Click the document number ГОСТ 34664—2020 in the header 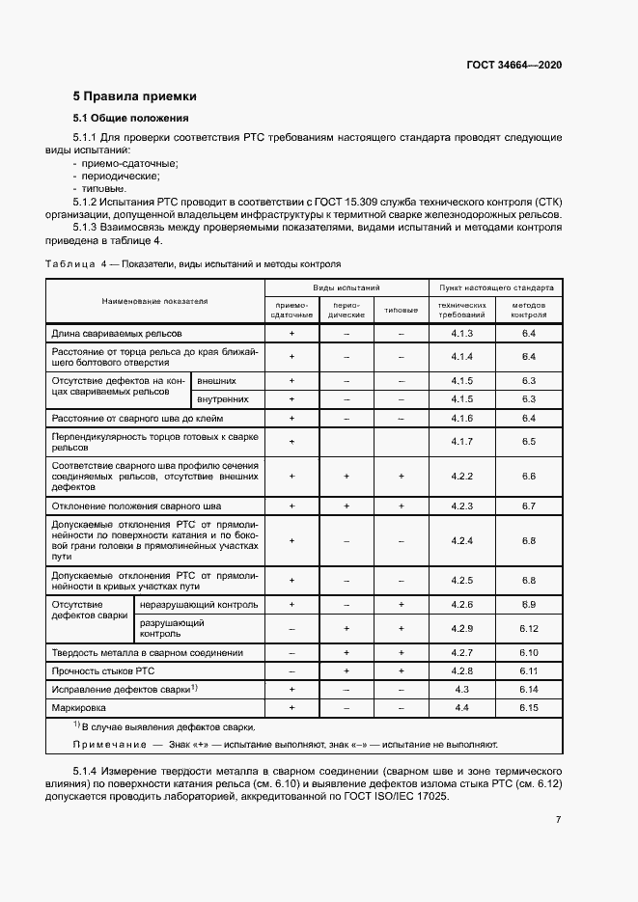[x=514, y=65]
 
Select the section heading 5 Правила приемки [x=134, y=96]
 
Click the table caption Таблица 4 [x=75, y=263]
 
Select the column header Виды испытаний [x=347, y=287]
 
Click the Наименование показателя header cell [x=154, y=301]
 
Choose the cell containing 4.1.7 [x=462, y=441]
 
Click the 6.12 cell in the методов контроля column [x=528, y=628]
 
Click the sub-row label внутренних [x=223, y=398]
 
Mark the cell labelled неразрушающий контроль [x=198, y=605]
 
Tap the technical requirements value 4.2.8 [x=462, y=670]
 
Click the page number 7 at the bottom [x=558, y=821]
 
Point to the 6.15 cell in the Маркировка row [x=528, y=707]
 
